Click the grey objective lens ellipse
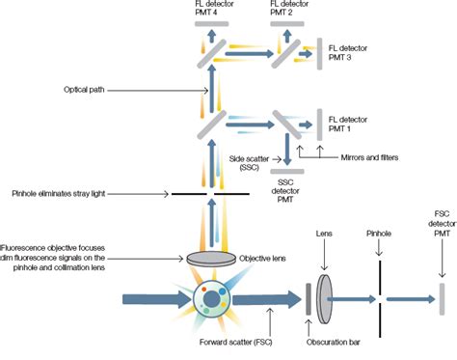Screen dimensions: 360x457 (x=209, y=258)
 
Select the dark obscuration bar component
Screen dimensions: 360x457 (x=309, y=300)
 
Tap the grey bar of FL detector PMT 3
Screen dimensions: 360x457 (x=319, y=53)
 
